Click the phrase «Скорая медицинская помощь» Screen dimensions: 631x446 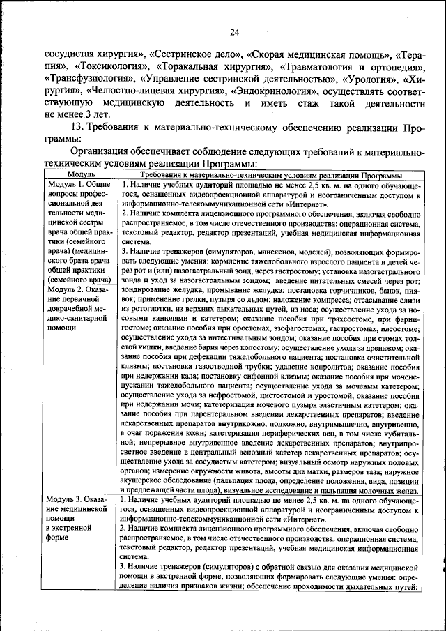point(310,54)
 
